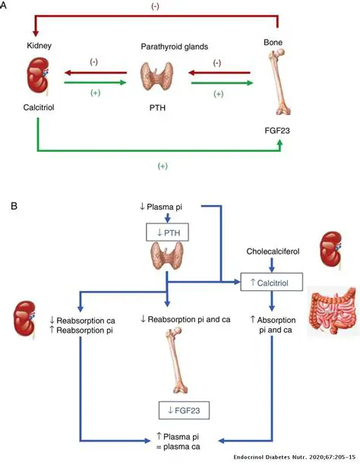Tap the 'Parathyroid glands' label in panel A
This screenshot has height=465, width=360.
click(175, 47)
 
